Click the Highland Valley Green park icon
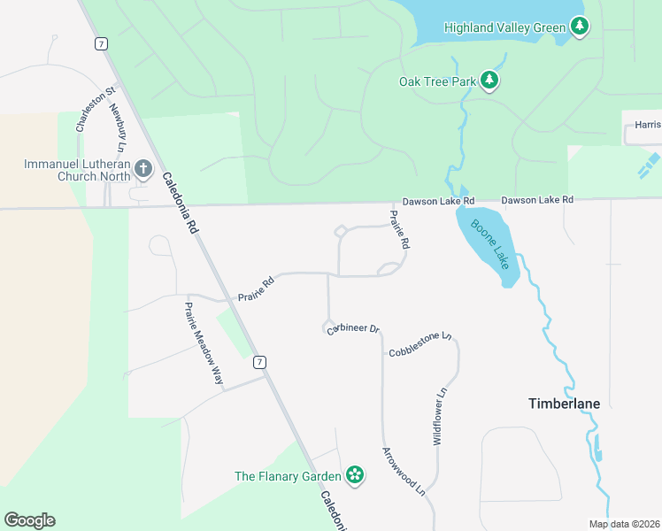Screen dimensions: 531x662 pos(580,27)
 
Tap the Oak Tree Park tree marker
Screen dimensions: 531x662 pos(489,81)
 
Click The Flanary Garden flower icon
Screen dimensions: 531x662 pos(355,475)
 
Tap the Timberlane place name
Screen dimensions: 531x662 pos(564,404)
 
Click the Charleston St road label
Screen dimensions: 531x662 pos(84,109)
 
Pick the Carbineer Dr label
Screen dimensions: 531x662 pos(352,329)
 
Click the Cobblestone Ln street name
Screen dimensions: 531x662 pos(420,345)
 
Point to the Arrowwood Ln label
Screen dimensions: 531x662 pos(404,470)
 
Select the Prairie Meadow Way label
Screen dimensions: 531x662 pos(203,342)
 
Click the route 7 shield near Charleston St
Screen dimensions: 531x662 pos(103,43)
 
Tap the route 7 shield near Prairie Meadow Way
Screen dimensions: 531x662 pos(258,361)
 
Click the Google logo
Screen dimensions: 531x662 pos(29,520)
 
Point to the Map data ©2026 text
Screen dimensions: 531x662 pos(623,524)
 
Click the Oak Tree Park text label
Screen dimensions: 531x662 pos(436,82)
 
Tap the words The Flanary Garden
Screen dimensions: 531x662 pos(288,476)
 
